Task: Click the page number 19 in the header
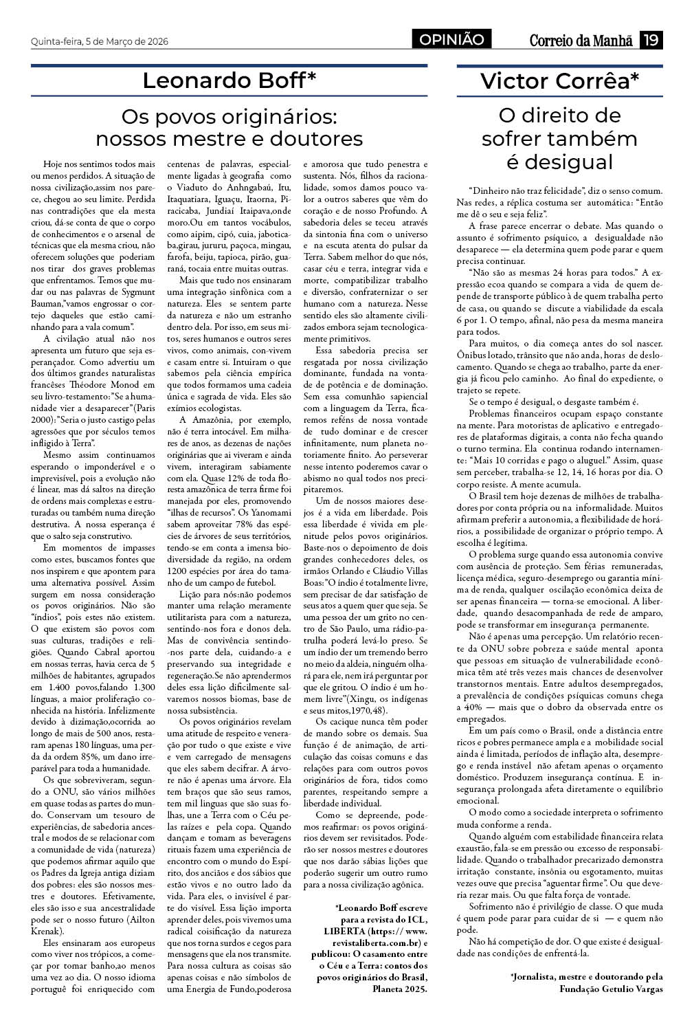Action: click(x=651, y=40)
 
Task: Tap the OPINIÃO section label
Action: click(x=452, y=40)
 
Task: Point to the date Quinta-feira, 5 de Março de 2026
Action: click(x=100, y=41)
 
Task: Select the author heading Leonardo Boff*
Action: click(x=229, y=80)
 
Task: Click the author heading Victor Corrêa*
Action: click(x=559, y=80)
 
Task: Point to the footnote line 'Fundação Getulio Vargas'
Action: click(x=611, y=989)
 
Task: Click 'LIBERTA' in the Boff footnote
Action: click(x=348, y=930)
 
